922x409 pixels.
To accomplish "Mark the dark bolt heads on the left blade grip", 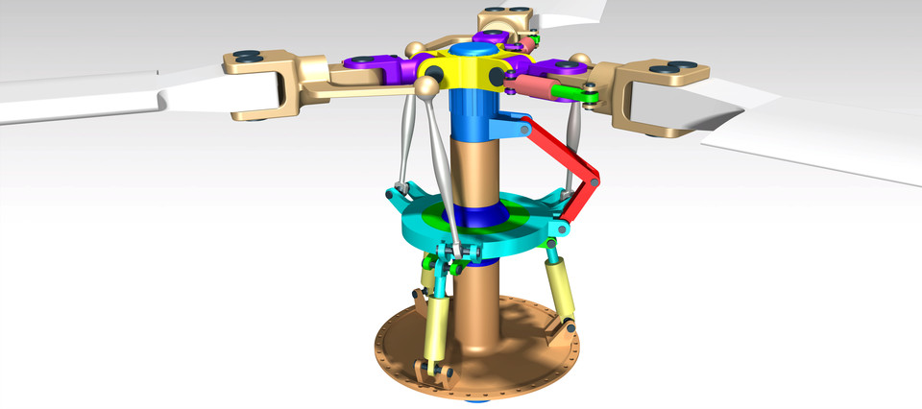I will pyautogui.click(x=248, y=57).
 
